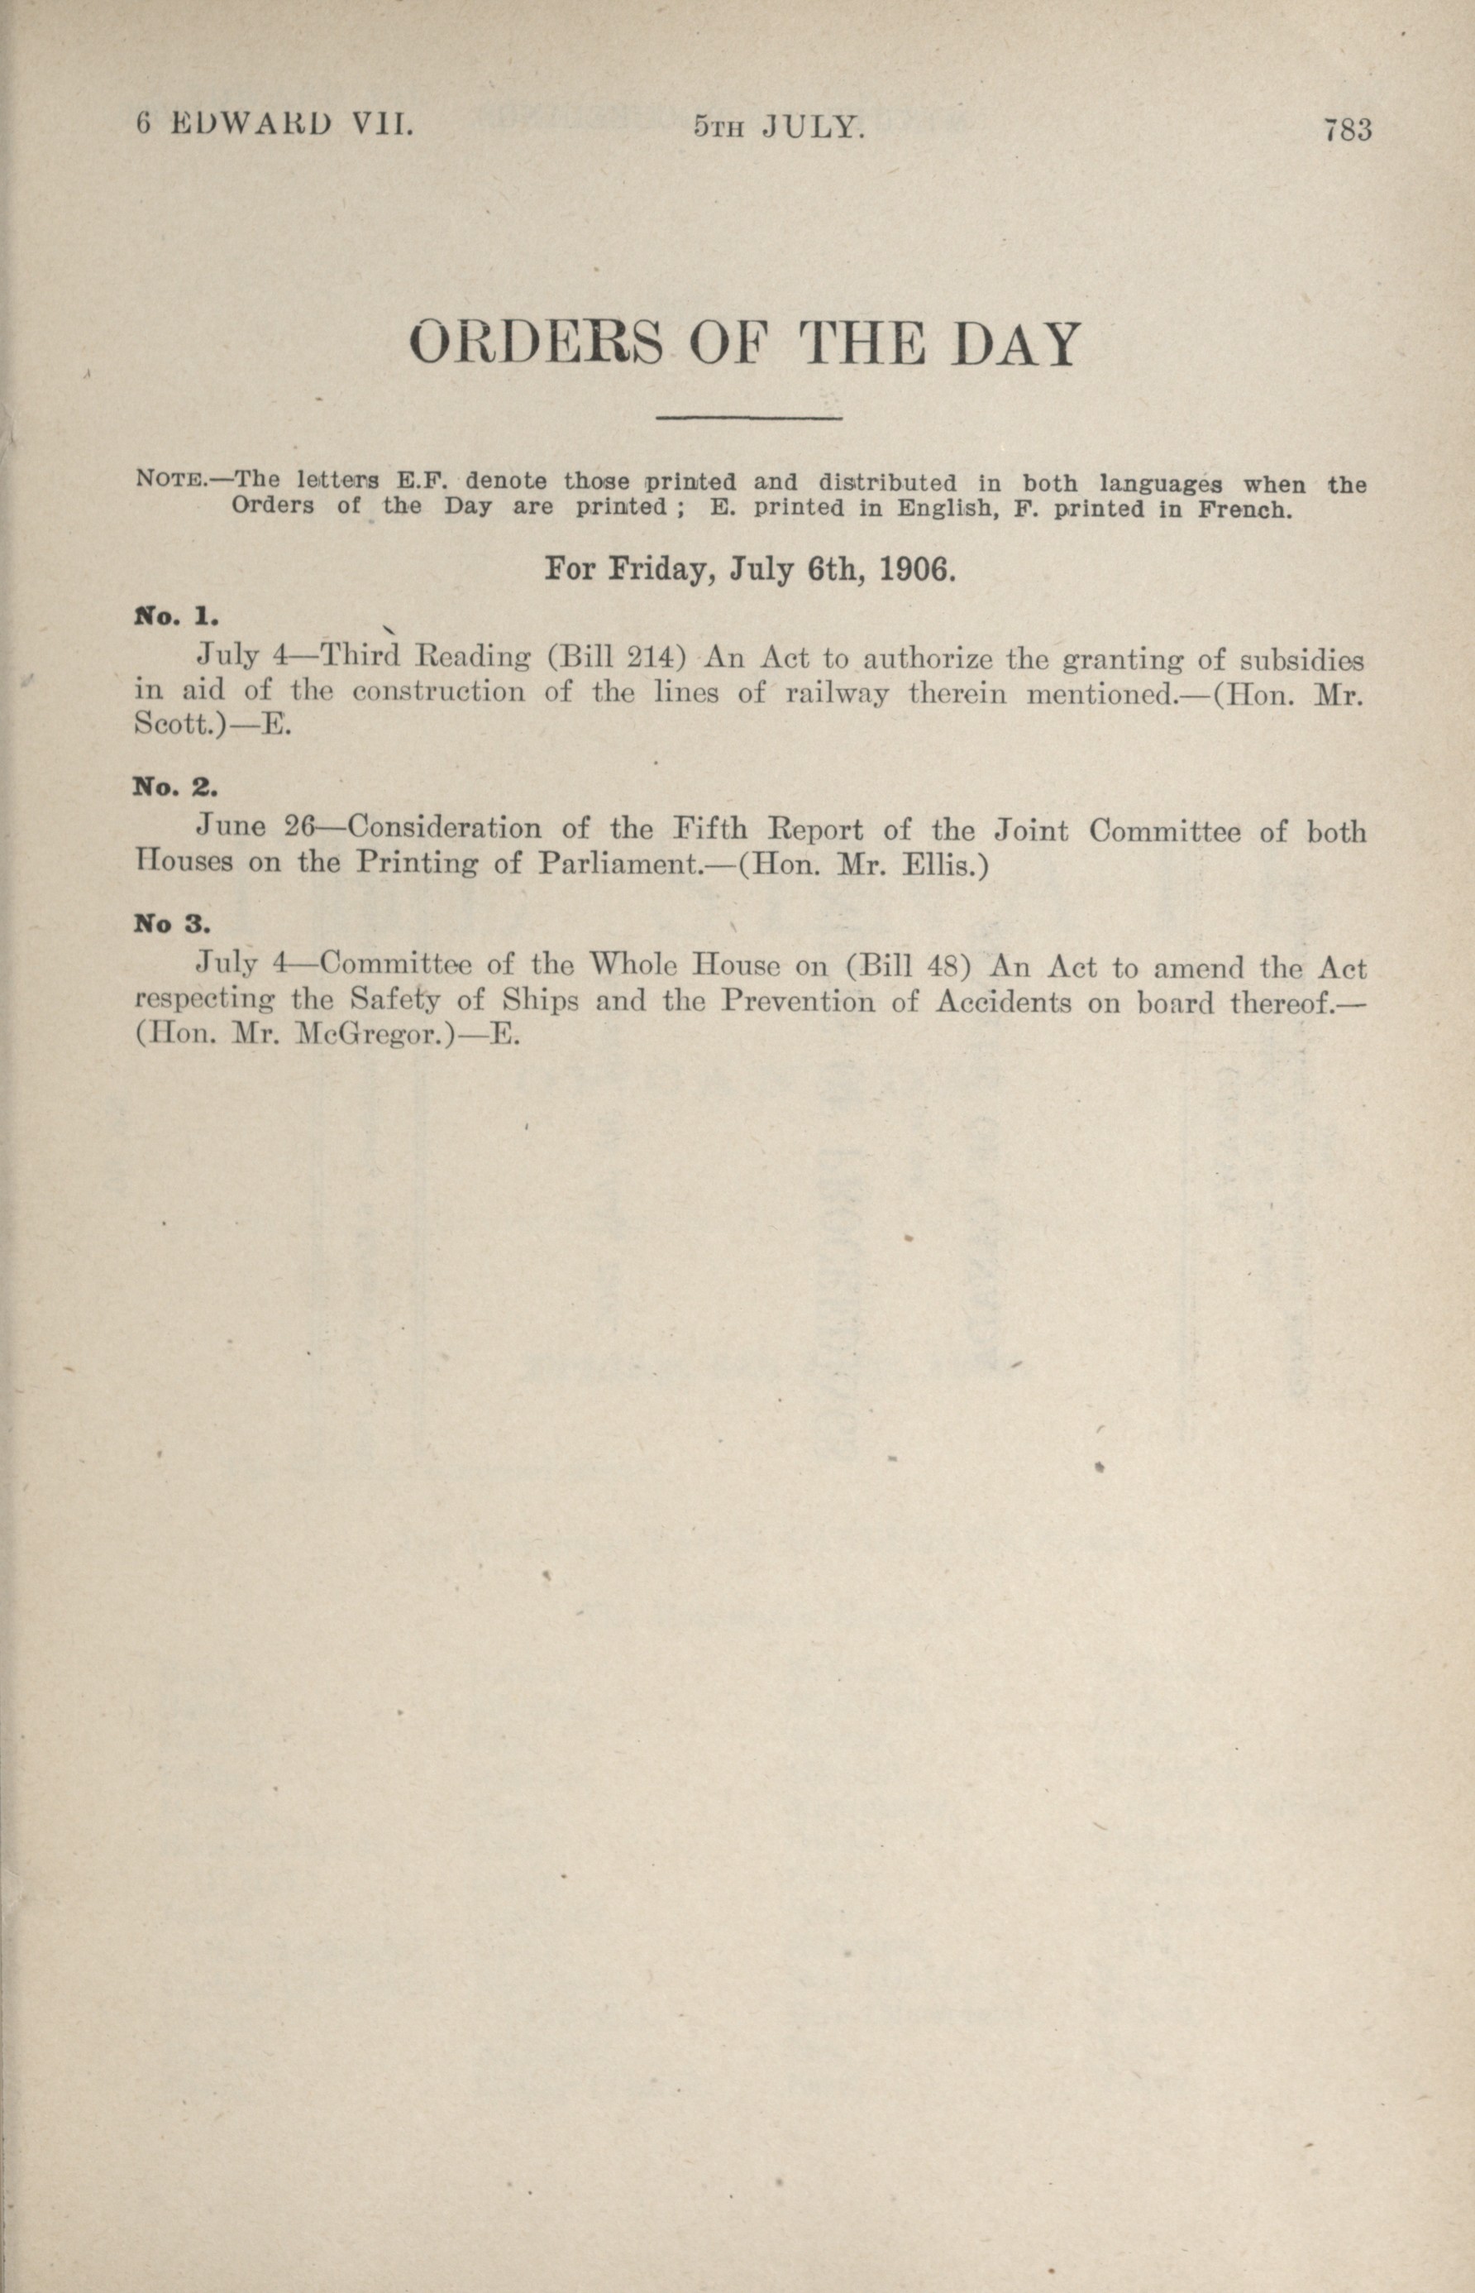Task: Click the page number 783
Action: coord(1348,129)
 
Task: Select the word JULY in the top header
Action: coord(814,127)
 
